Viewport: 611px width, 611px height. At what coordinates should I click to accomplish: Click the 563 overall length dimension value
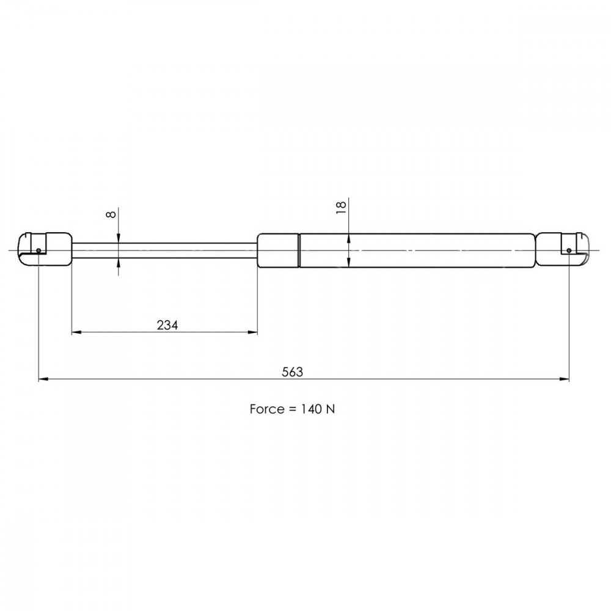tap(292, 371)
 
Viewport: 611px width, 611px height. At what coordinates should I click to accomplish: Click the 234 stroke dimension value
tap(167, 325)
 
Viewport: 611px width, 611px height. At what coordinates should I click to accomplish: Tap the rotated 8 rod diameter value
tap(111, 214)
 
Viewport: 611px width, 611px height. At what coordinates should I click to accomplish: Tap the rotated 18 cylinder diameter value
tap(341, 207)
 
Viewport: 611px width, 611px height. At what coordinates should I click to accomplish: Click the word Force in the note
tap(266, 409)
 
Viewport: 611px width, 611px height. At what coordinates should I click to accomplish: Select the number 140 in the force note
tap(311, 409)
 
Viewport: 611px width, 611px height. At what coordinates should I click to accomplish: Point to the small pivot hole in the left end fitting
tap(38, 251)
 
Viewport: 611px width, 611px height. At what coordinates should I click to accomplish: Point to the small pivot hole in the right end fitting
tap(569, 250)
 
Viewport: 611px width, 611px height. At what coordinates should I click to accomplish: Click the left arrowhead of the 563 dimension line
tap(43, 379)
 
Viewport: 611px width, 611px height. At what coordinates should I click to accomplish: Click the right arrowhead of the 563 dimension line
tap(564, 379)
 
